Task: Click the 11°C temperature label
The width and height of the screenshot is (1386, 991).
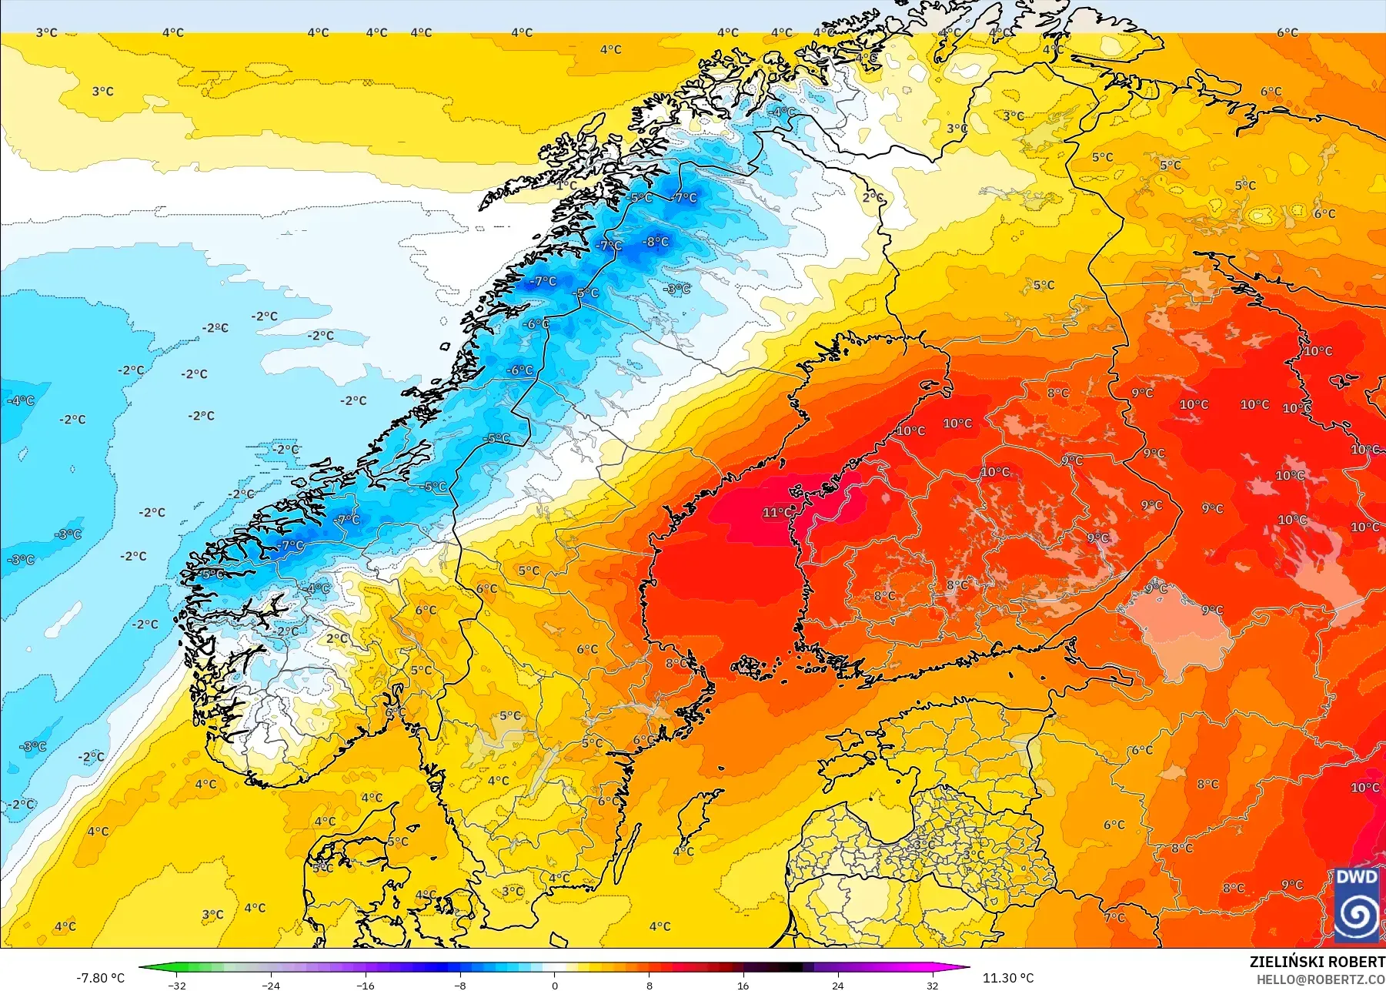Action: (x=777, y=512)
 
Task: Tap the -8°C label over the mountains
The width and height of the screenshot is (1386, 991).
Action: (x=656, y=241)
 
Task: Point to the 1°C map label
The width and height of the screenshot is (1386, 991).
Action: (x=566, y=185)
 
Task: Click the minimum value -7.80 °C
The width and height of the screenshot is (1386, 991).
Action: (x=100, y=978)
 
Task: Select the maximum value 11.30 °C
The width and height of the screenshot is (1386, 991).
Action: (x=1008, y=978)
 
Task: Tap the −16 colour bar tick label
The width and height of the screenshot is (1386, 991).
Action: (x=365, y=985)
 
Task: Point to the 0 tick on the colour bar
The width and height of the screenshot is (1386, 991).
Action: (x=554, y=985)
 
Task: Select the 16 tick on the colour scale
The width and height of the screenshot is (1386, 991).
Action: (x=743, y=985)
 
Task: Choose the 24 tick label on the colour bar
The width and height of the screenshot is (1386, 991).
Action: (x=837, y=985)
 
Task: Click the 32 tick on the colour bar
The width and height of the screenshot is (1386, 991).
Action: (x=932, y=985)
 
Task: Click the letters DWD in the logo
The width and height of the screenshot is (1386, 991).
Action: (x=1357, y=878)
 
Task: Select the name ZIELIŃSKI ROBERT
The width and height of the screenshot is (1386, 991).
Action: (x=1317, y=962)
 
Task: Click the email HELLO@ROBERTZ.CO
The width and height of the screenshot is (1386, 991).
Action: (x=1321, y=979)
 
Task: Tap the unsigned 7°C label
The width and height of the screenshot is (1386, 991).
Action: (x=1114, y=917)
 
